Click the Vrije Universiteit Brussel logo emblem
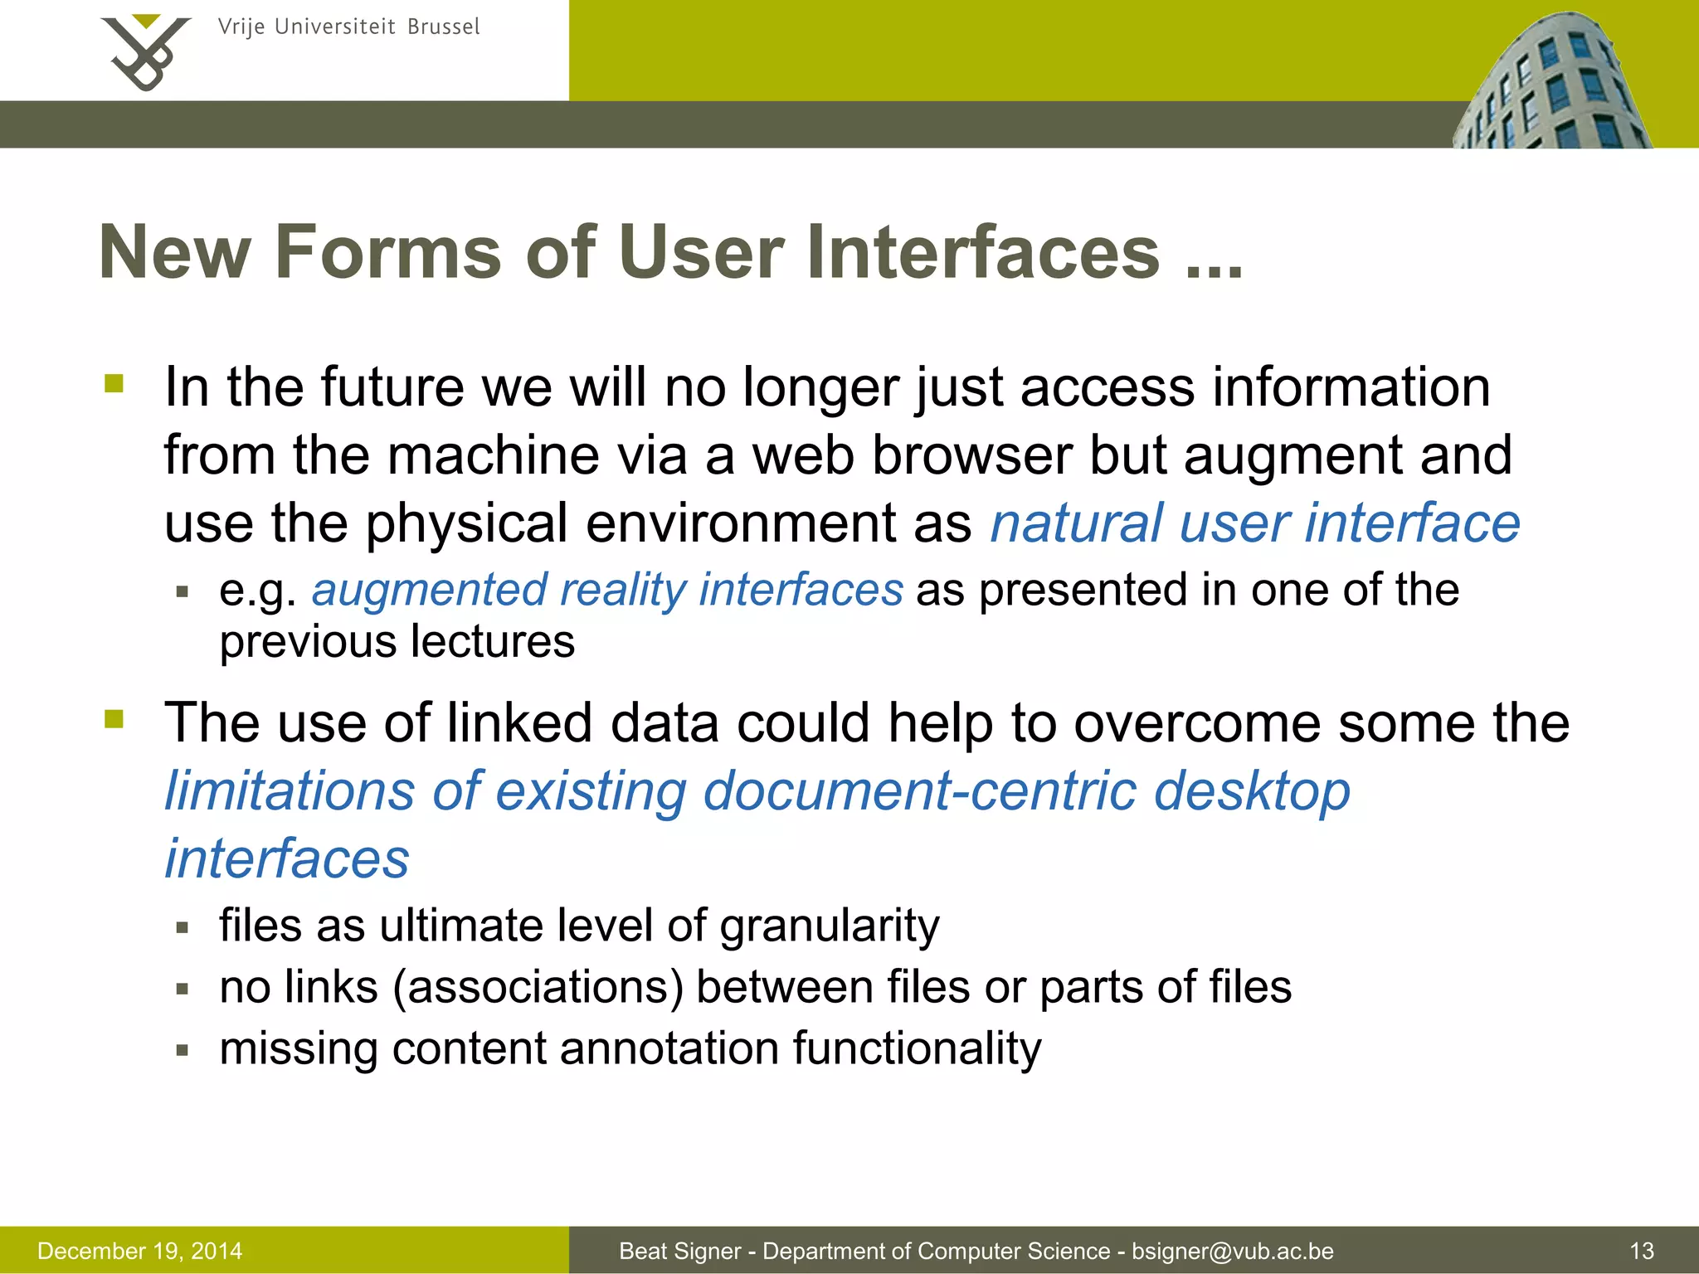click(146, 51)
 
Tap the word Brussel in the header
click(443, 27)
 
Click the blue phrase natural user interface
click(1255, 523)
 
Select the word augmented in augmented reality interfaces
click(428, 590)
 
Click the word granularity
click(830, 926)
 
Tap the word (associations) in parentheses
click(538, 987)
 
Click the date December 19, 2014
click(140, 1251)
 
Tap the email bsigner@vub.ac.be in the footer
click(1233, 1251)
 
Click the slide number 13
click(1642, 1251)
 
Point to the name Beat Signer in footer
click(679, 1251)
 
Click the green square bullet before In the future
click(114, 384)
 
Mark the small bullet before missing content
click(183, 1051)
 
